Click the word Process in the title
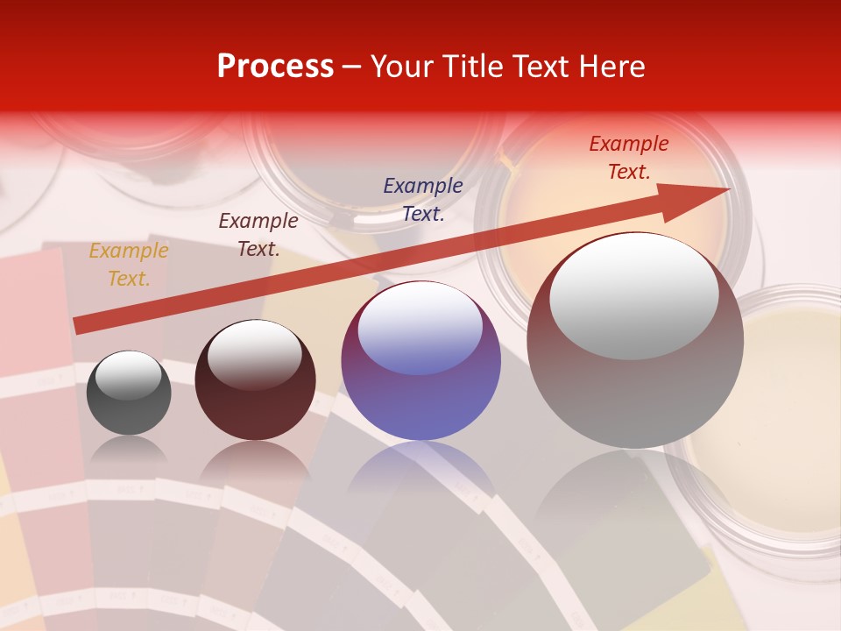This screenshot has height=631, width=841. [x=275, y=67]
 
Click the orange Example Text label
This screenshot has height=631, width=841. [x=129, y=265]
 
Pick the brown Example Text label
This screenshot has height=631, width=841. [x=258, y=235]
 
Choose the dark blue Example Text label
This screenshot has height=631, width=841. [x=423, y=199]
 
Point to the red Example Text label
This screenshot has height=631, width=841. [x=629, y=158]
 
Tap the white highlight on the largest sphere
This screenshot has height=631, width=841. [x=634, y=294]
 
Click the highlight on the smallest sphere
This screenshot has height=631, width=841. [x=129, y=375]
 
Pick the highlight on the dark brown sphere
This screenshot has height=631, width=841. [x=255, y=352]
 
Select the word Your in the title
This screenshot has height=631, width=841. [x=401, y=67]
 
